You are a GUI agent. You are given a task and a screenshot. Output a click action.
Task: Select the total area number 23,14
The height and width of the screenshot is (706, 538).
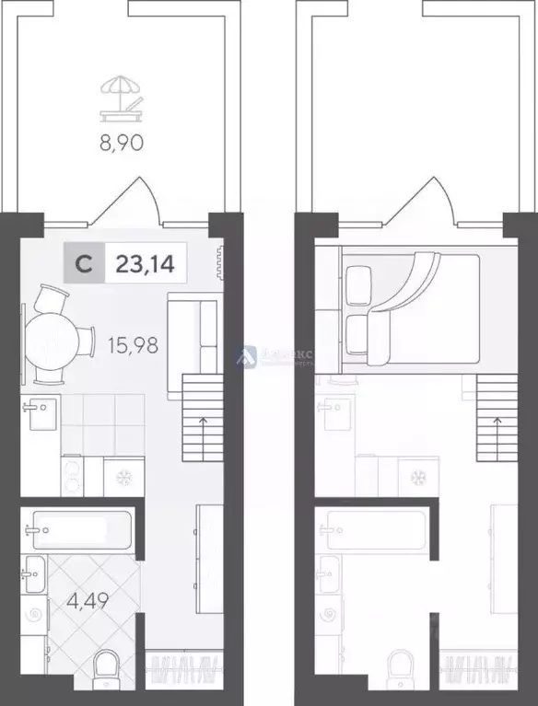[x=146, y=264]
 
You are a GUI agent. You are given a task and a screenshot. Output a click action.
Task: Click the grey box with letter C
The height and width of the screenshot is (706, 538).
[x=83, y=264]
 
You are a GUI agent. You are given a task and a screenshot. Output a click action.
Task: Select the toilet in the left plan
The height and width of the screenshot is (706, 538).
[x=108, y=669]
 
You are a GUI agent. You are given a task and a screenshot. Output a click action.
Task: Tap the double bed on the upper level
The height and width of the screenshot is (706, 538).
[x=410, y=307]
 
